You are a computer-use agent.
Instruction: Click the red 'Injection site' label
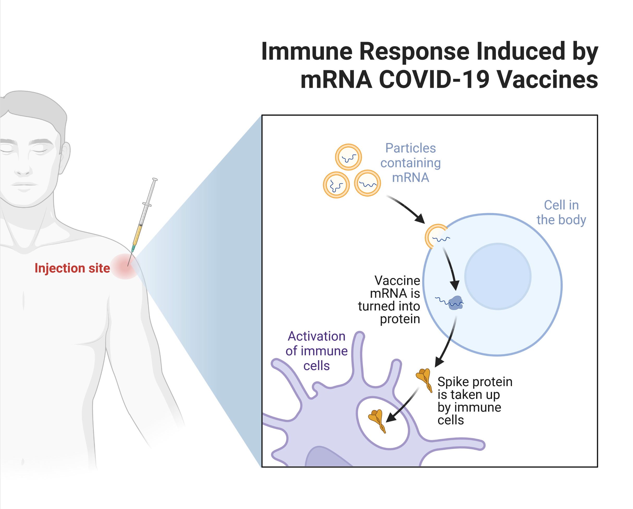coord(72,268)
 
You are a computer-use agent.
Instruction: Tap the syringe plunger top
coord(155,179)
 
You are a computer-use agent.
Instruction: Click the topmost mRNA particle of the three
coord(348,157)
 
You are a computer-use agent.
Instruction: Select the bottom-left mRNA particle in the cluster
coord(336,185)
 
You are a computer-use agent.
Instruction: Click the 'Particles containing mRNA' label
coord(410,163)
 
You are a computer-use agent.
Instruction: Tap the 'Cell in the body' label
coord(561,212)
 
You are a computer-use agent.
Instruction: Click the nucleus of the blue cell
coord(498,276)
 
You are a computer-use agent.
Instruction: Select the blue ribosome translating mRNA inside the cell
coord(456,302)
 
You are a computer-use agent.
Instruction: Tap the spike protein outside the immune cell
coord(425,379)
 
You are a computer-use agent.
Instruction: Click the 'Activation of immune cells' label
coord(316,351)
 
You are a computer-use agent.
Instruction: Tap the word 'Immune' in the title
coord(307,51)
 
